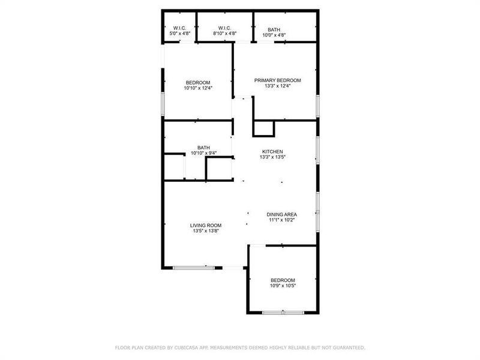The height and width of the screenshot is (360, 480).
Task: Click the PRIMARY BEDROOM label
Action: point(277,80)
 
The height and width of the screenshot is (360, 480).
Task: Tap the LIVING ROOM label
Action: point(206,225)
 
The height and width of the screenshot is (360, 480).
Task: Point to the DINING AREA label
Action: point(281,214)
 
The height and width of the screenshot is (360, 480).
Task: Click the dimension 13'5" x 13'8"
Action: point(206,231)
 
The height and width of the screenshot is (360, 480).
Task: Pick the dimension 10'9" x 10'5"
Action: point(283,286)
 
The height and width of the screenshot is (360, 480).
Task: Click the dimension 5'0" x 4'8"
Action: point(179,34)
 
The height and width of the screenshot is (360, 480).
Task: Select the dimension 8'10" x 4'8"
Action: point(225,34)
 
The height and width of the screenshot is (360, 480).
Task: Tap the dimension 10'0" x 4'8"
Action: point(274,35)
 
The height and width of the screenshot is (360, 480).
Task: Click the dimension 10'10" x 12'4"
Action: point(198,88)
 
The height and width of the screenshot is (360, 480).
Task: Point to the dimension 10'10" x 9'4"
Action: point(204,154)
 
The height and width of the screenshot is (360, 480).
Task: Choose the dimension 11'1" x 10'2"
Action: point(281,220)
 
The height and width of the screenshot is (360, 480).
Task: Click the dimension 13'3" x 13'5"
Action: point(272,158)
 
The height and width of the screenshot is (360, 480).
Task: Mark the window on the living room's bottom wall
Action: point(194,267)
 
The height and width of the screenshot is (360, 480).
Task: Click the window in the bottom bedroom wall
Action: point(283,312)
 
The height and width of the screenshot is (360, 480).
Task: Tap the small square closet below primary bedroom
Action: point(264,128)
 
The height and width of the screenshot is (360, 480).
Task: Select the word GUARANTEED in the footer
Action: point(347,347)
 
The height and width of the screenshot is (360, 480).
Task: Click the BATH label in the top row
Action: point(274,29)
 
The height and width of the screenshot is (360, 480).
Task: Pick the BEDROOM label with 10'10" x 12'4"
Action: point(198,82)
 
